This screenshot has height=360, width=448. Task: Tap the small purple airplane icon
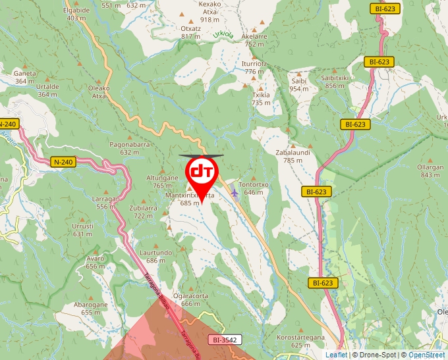click(x=235, y=193)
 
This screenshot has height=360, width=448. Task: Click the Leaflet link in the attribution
click(x=335, y=355)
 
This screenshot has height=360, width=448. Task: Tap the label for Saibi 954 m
click(x=299, y=84)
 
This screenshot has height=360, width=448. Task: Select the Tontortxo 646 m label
click(x=254, y=188)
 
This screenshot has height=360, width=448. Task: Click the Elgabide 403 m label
click(x=76, y=14)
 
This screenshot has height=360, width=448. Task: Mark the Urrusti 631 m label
click(x=83, y=230)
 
